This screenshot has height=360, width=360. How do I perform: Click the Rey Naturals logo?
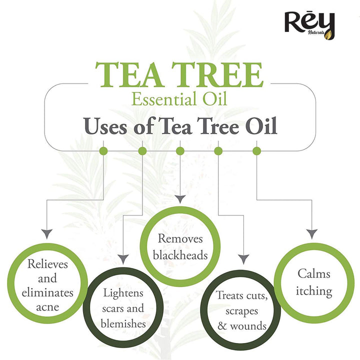click(309, 25)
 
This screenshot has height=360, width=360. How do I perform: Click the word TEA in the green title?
click(129, 74)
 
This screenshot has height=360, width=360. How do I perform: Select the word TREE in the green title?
click(217, 74)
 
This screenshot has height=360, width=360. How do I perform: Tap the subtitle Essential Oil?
click(179, 99)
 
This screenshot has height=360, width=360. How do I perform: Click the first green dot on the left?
click(103, 151)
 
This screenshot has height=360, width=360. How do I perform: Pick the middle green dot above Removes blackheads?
click(180, 151)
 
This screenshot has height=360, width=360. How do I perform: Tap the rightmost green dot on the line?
click(256, 151)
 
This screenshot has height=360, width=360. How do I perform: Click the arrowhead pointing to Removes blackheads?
click(180, 199)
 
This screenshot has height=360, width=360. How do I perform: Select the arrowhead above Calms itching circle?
click(312, 233)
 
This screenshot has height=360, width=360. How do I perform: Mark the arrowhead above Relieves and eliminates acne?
click(47, 233)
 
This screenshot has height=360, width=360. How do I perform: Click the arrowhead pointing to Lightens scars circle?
click(123, 259)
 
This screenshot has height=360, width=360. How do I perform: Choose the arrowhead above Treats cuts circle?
click(243, 259)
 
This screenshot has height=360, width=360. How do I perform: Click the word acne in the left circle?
click(47, 307)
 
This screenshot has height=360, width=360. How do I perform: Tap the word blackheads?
click(180, 255)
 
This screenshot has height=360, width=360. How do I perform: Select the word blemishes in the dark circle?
click(123, 323)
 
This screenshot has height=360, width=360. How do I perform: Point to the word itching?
click(314, 291)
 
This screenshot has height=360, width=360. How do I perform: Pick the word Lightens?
click(123, 293)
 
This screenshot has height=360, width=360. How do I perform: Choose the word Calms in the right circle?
click(314, 274)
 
